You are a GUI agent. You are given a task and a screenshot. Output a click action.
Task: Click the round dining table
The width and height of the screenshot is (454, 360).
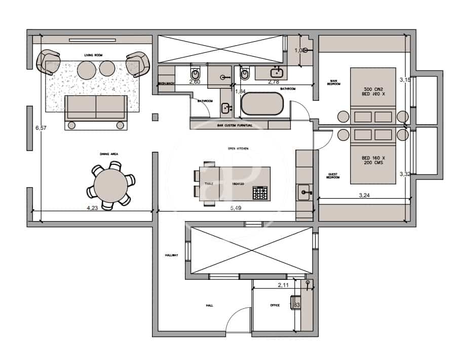click(x=110, y=186)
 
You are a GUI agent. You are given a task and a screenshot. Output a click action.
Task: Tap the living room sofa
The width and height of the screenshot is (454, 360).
click(x=96, y=108)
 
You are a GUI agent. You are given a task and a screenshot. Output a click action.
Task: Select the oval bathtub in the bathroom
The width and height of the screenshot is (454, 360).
click(x=262, y=105)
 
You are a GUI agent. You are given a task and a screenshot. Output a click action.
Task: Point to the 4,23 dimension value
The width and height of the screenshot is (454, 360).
click(x=92, y=208)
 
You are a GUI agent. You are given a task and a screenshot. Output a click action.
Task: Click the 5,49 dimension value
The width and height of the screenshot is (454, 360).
click(x=235, y=208)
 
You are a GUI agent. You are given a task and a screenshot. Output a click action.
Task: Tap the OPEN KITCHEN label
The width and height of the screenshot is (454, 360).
click(x=238, y=149)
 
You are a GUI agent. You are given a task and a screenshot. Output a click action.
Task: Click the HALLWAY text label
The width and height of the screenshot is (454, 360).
click(x=171, y=255)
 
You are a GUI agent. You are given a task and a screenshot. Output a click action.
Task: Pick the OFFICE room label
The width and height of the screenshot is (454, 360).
click(x=275, y=305)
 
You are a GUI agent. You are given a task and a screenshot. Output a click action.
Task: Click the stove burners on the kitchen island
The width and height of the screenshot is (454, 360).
click(x=260, y=193)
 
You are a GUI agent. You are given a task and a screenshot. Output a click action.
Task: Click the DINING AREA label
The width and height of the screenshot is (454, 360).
click(x=109, y=154)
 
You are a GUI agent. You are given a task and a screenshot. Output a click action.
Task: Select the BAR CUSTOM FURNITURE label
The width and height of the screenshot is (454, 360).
click(x=235, y=125)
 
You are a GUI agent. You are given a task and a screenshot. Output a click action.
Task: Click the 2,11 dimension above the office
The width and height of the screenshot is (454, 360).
click(x=283, y=285)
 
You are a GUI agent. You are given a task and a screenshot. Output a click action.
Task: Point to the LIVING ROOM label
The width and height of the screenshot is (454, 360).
click(x=93, y=54)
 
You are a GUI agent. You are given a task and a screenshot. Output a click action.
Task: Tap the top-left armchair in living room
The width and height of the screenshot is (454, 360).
click(x=50, y=62)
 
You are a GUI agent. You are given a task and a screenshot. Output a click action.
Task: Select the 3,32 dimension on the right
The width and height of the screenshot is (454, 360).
click(x=405, y=174)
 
